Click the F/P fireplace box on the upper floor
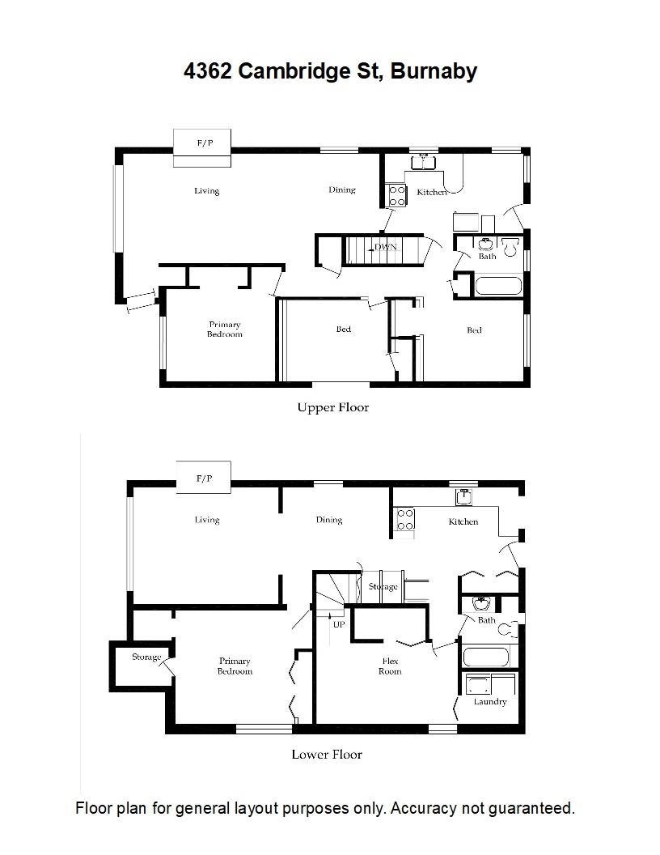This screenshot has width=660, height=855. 202,148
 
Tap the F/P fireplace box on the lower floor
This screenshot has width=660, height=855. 204,478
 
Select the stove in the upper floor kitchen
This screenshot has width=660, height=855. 397,196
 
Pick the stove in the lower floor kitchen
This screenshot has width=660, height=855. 405,519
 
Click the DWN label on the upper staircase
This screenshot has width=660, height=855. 385,247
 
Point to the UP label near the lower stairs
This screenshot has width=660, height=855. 339,624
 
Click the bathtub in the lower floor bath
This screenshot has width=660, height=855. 486,656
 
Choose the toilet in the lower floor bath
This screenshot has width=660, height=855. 508,629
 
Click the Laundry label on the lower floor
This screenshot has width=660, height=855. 490,702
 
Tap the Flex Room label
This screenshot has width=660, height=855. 390,666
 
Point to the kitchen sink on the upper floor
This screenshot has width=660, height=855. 423,162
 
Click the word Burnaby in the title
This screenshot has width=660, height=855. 434,71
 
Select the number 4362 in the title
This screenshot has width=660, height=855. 208,71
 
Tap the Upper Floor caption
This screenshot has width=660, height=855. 332,407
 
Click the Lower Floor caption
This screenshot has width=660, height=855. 327,754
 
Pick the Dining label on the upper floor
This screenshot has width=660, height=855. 342,189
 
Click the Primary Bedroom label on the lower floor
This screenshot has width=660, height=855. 235,666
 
